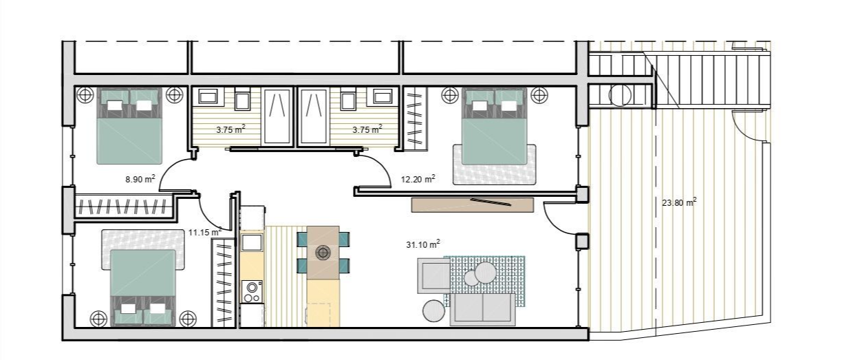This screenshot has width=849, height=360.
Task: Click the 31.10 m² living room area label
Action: click(x=423, y=244)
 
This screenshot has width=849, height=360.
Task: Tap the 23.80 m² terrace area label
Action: click(x=679, y=202)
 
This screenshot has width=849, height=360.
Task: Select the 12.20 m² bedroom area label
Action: click(x=418, y=179)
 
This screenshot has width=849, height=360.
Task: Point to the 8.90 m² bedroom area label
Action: click(x=140, y=179)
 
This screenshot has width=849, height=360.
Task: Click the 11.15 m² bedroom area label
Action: click(x=205, y=232)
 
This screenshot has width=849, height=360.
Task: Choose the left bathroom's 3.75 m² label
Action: click(x=230, y=129)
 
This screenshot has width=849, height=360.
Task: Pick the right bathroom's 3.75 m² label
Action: click(x=367, y=129)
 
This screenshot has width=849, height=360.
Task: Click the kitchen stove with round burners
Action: click(x=252, y=291)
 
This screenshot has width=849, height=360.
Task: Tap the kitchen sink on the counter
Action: click(x=252, y=242)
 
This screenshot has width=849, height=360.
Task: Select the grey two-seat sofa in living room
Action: click(x=482, y=309)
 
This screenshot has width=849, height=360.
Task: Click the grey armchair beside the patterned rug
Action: click(x=434, y=276)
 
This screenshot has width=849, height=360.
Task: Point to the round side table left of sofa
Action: click(x=433, y=311)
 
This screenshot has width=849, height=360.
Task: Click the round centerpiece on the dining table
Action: click(x=323, y=252)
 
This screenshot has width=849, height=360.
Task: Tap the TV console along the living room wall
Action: click(x=473, y=205)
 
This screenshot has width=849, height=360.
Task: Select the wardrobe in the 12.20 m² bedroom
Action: click(x=414, y=117)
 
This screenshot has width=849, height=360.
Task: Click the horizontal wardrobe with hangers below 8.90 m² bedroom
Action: click(x=124, y=207)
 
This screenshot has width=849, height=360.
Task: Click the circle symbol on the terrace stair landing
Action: click(x=620, y=95)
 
